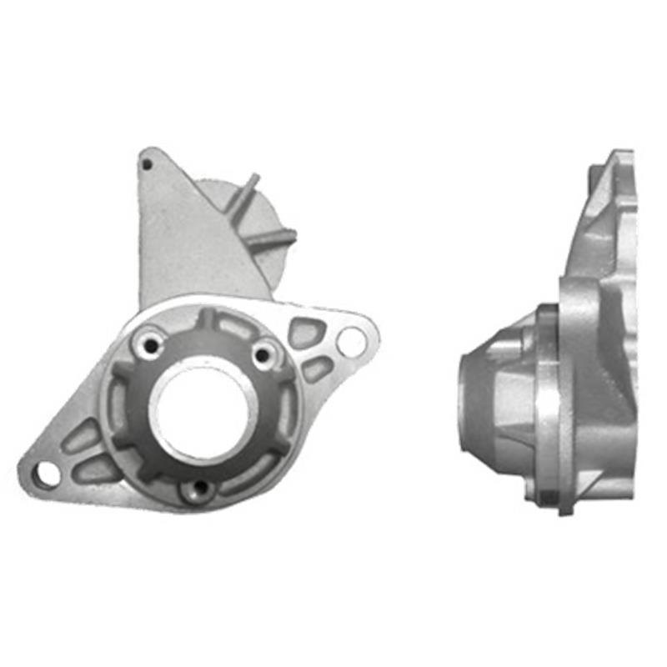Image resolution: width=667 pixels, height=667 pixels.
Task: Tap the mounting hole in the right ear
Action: click(x=352, y=340)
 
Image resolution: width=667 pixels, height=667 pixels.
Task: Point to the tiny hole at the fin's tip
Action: click(x=147, y=165)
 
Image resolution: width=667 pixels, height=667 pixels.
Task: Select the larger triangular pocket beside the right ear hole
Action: click(x=304, y=333)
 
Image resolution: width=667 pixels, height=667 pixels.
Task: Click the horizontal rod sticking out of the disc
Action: click(x=270, y=239)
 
